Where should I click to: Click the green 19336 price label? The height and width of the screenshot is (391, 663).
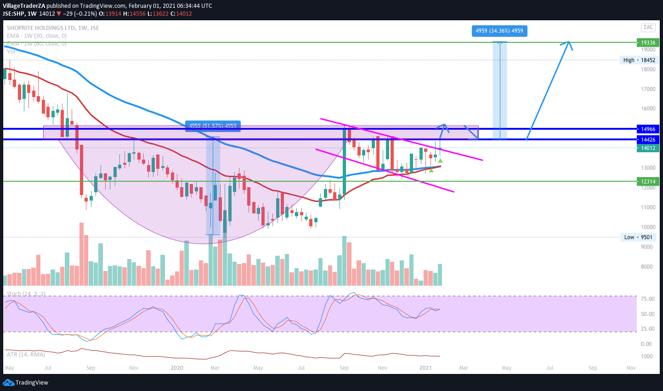pyautogui.click(x=648, y=43)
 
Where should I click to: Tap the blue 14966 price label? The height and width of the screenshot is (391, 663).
pyautogui.click(x=648, y=129)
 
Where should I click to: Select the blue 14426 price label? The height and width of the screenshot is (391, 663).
pyautogui.click(x=648, y=139)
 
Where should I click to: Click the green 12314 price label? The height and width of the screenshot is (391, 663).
pyautogui.click(x=648, y=182)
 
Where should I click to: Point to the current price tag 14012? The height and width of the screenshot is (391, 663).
pyautogui.click(x=648, y=148)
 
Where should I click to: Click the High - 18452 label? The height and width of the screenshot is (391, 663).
pyautogui.click(x=639, y=60)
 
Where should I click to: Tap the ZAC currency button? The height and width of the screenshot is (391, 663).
pyautogui.click(x=648, y=27)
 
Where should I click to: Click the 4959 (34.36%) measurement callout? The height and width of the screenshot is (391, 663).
pyautogui.click(x=499, y=31)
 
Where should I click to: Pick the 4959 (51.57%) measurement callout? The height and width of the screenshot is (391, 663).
pyautogui.click(x=213, y=126)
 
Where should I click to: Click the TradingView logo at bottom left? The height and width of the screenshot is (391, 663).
pyautogui.click(x=26, y=383)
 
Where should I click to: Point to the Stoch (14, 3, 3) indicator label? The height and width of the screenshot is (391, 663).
pyautogui.click(x=26, y=293)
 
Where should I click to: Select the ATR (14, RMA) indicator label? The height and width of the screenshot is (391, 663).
pyautogui.click(x=26, y=354)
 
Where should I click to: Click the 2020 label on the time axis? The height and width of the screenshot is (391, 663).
pyautogui.click(x=177, y=368)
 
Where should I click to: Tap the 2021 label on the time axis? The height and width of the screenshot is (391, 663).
pyautogui.click(x=425, y=368)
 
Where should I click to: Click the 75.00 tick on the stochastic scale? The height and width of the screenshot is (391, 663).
pyautogui.click(x=647, y=299)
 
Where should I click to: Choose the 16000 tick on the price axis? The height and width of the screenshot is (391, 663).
pyautogui.click(x=648, y=109)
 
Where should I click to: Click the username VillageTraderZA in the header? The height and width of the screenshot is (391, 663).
pyautogui.click(x=23, y=6)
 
